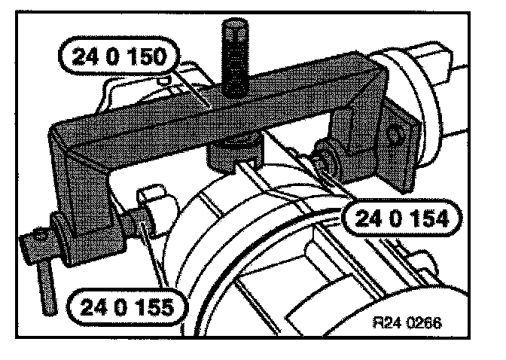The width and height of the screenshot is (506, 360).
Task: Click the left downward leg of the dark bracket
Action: [75, 188]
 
